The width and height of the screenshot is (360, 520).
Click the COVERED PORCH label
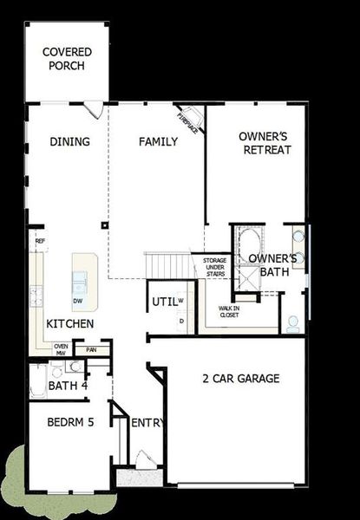pyautogui.click(x=67, y=59)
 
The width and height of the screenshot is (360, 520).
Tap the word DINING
pyautogui.click(x=69, y=142)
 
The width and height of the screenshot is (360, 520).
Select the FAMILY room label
pyautogui.click(x=159, y=142)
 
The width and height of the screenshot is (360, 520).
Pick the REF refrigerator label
pyautogui.click(x=40, y=241)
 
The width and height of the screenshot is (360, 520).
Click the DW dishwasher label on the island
pyautogui.click(x=78, y=301)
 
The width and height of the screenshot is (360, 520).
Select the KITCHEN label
pyautogui.click(x=70, y=323)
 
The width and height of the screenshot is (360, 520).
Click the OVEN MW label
pyautogui.click(x=61, y=349)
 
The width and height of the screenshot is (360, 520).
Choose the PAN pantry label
pyautogui.click(x=92, y=351)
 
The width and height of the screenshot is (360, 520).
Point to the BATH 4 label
pyautogui.click(x=68, y=386)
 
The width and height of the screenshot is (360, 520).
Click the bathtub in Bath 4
pyautogui.click(x=38, y=381)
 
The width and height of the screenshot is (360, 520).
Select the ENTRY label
pyautogui.click(x=147, y=422)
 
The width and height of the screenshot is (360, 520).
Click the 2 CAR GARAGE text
pyautogui.click(x=240, y=378)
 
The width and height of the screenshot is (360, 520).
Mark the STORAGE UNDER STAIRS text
pyautogui.click(x=214, y=266)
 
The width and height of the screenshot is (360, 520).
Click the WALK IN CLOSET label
pyautogui.click(x=230, y=312)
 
